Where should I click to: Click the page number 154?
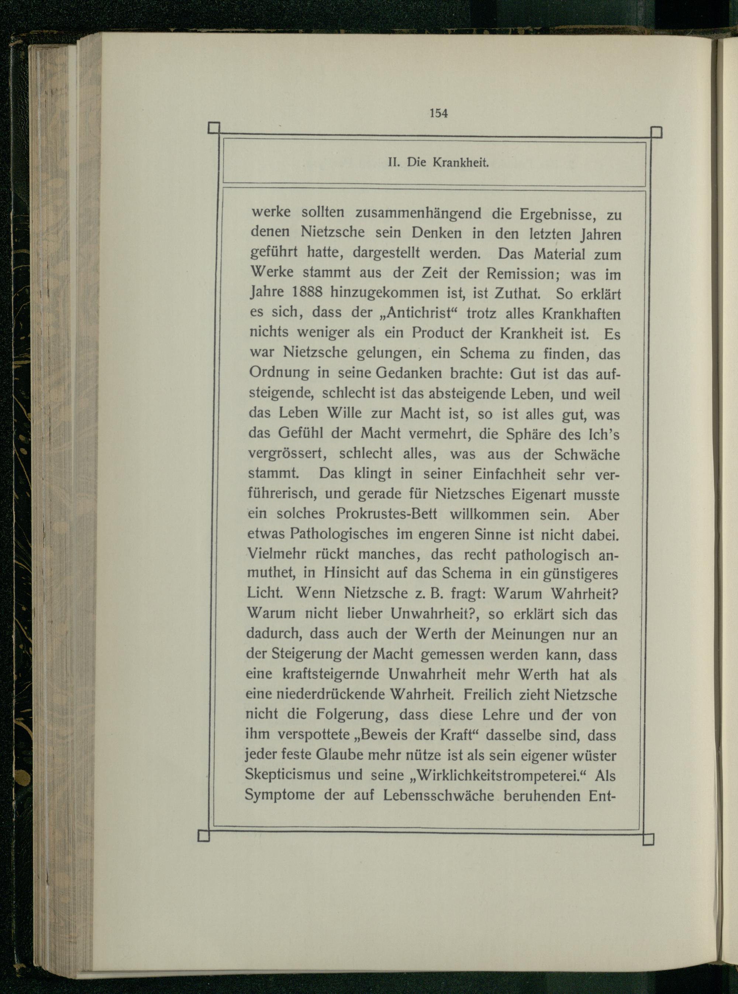[x=438, y=113]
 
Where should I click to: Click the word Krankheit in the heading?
[x=461, y=163]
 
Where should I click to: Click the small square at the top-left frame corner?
[x=214, y=128]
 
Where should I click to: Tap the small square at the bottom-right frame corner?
[x=648, y=839]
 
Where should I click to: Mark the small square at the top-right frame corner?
[x=656, y=133]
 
